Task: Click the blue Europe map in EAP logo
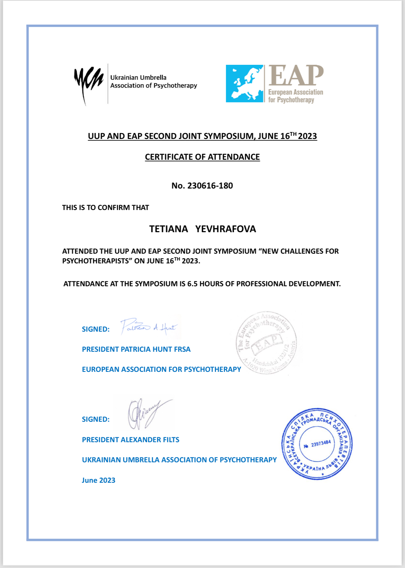point(245,84)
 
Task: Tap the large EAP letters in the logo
point(296,75)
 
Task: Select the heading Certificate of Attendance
point(202,157)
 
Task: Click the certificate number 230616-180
point(210,186)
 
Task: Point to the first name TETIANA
point(169,229)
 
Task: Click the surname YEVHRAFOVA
point(226,229)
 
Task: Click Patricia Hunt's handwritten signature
point(149,327)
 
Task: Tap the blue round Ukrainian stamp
point(317,444)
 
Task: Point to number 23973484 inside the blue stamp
point(321,444)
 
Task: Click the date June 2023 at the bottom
point(98,480)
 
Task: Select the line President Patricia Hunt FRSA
point(136,349)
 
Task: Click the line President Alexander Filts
point(130,440)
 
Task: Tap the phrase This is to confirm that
point(106,208)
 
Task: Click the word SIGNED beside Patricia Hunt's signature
point(96,329)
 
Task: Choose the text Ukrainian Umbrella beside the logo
point(138,78)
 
